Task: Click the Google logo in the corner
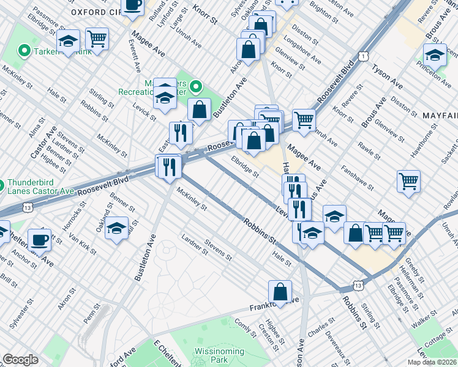(x=20, y=360)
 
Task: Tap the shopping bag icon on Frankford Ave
(x=280, y=292)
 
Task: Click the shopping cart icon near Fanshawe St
(x=408, y=181)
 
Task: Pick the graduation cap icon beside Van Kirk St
(x=116, y=228)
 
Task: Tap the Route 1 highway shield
(x=363, y=56)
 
